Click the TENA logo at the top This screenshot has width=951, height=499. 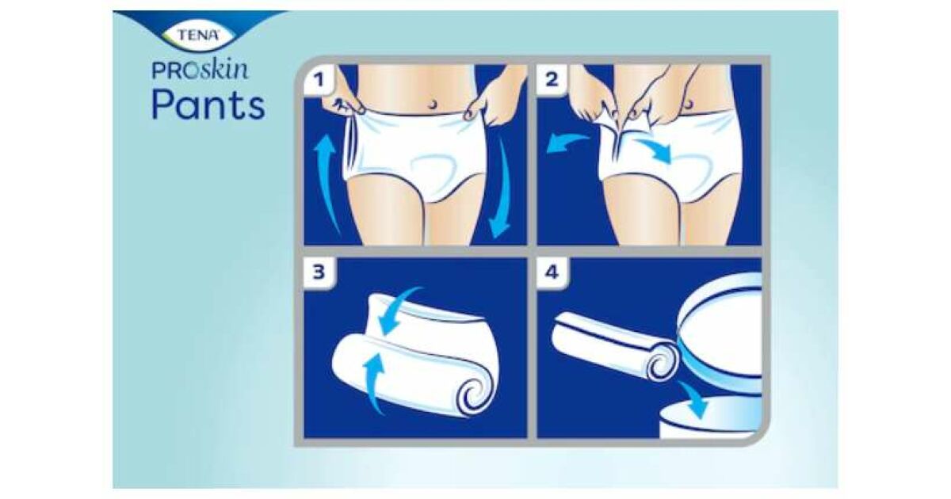pyautogui.click(x=198, y=35)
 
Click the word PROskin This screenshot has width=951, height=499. pyautogui.click(x=200, y=70)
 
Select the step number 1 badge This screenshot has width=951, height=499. pyautogui.click(x=319, y=79)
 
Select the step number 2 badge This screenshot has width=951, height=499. pyautogui.click(x=552, y=79)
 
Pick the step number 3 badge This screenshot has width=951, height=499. pyautogui.click(x=319, y=272)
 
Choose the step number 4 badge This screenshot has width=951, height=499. pyautogui.click(x=552, y=272)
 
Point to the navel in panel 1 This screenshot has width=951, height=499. pyautogui.click(x=433, y=103)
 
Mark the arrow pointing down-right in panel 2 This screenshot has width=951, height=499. pyautogui.click(x=654, y=150)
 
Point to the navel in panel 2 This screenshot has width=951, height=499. pyautogui.click(x=688, y=104)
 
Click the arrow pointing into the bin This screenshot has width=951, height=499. pyautogui.click(x=693, y=400)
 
